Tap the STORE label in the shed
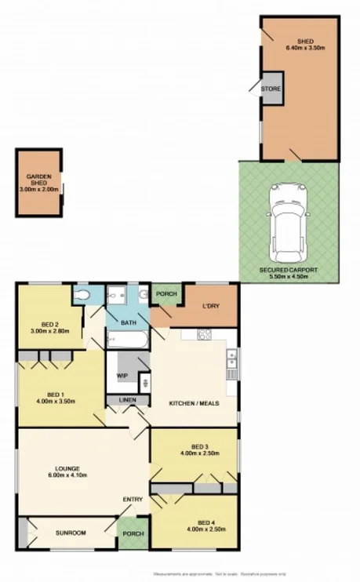pos(271,89)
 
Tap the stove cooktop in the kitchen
pos(205,335)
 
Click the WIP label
pos(122,376)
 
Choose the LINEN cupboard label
pos(127,401)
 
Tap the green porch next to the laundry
pos(165,294)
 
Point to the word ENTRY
pos(132,500)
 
